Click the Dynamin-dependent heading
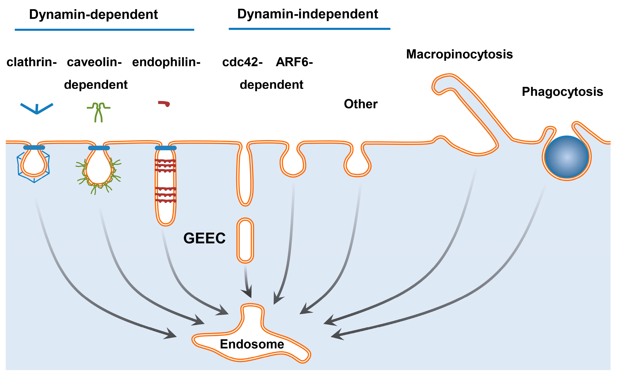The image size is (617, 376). tap(93, 15)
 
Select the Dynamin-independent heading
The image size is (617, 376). tap(308, 14)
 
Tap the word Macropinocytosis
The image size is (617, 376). tap(459, 54)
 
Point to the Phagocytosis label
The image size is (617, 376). tap(562, 92)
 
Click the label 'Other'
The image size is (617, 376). tap(361, 104)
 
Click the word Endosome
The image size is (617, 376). tap(252, 344)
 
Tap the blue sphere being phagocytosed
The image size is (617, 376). tap(567, 157)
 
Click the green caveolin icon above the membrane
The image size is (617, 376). tap(98, 111)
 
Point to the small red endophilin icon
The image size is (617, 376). tap(164, 103)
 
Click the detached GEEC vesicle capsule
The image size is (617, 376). tap(245, 240)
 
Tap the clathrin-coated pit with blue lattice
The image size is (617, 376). tap(34, 164)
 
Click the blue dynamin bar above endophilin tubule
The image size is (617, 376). tap(166, 148)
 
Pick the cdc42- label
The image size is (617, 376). tap(242, 62)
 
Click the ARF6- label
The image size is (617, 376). tap(294, 62)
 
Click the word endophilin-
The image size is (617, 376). tap(166, 62)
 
